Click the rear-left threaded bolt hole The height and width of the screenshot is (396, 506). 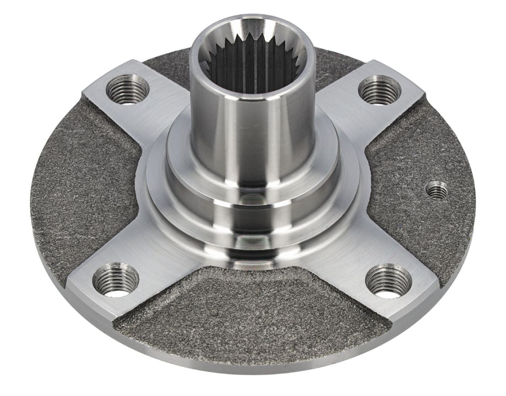pos(127,89)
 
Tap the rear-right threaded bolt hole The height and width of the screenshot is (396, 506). pos(379,90)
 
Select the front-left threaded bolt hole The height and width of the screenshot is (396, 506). pos(116,279)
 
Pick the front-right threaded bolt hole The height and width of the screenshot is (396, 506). pos(388,281)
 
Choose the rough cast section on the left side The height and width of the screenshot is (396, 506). pos(84,189)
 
